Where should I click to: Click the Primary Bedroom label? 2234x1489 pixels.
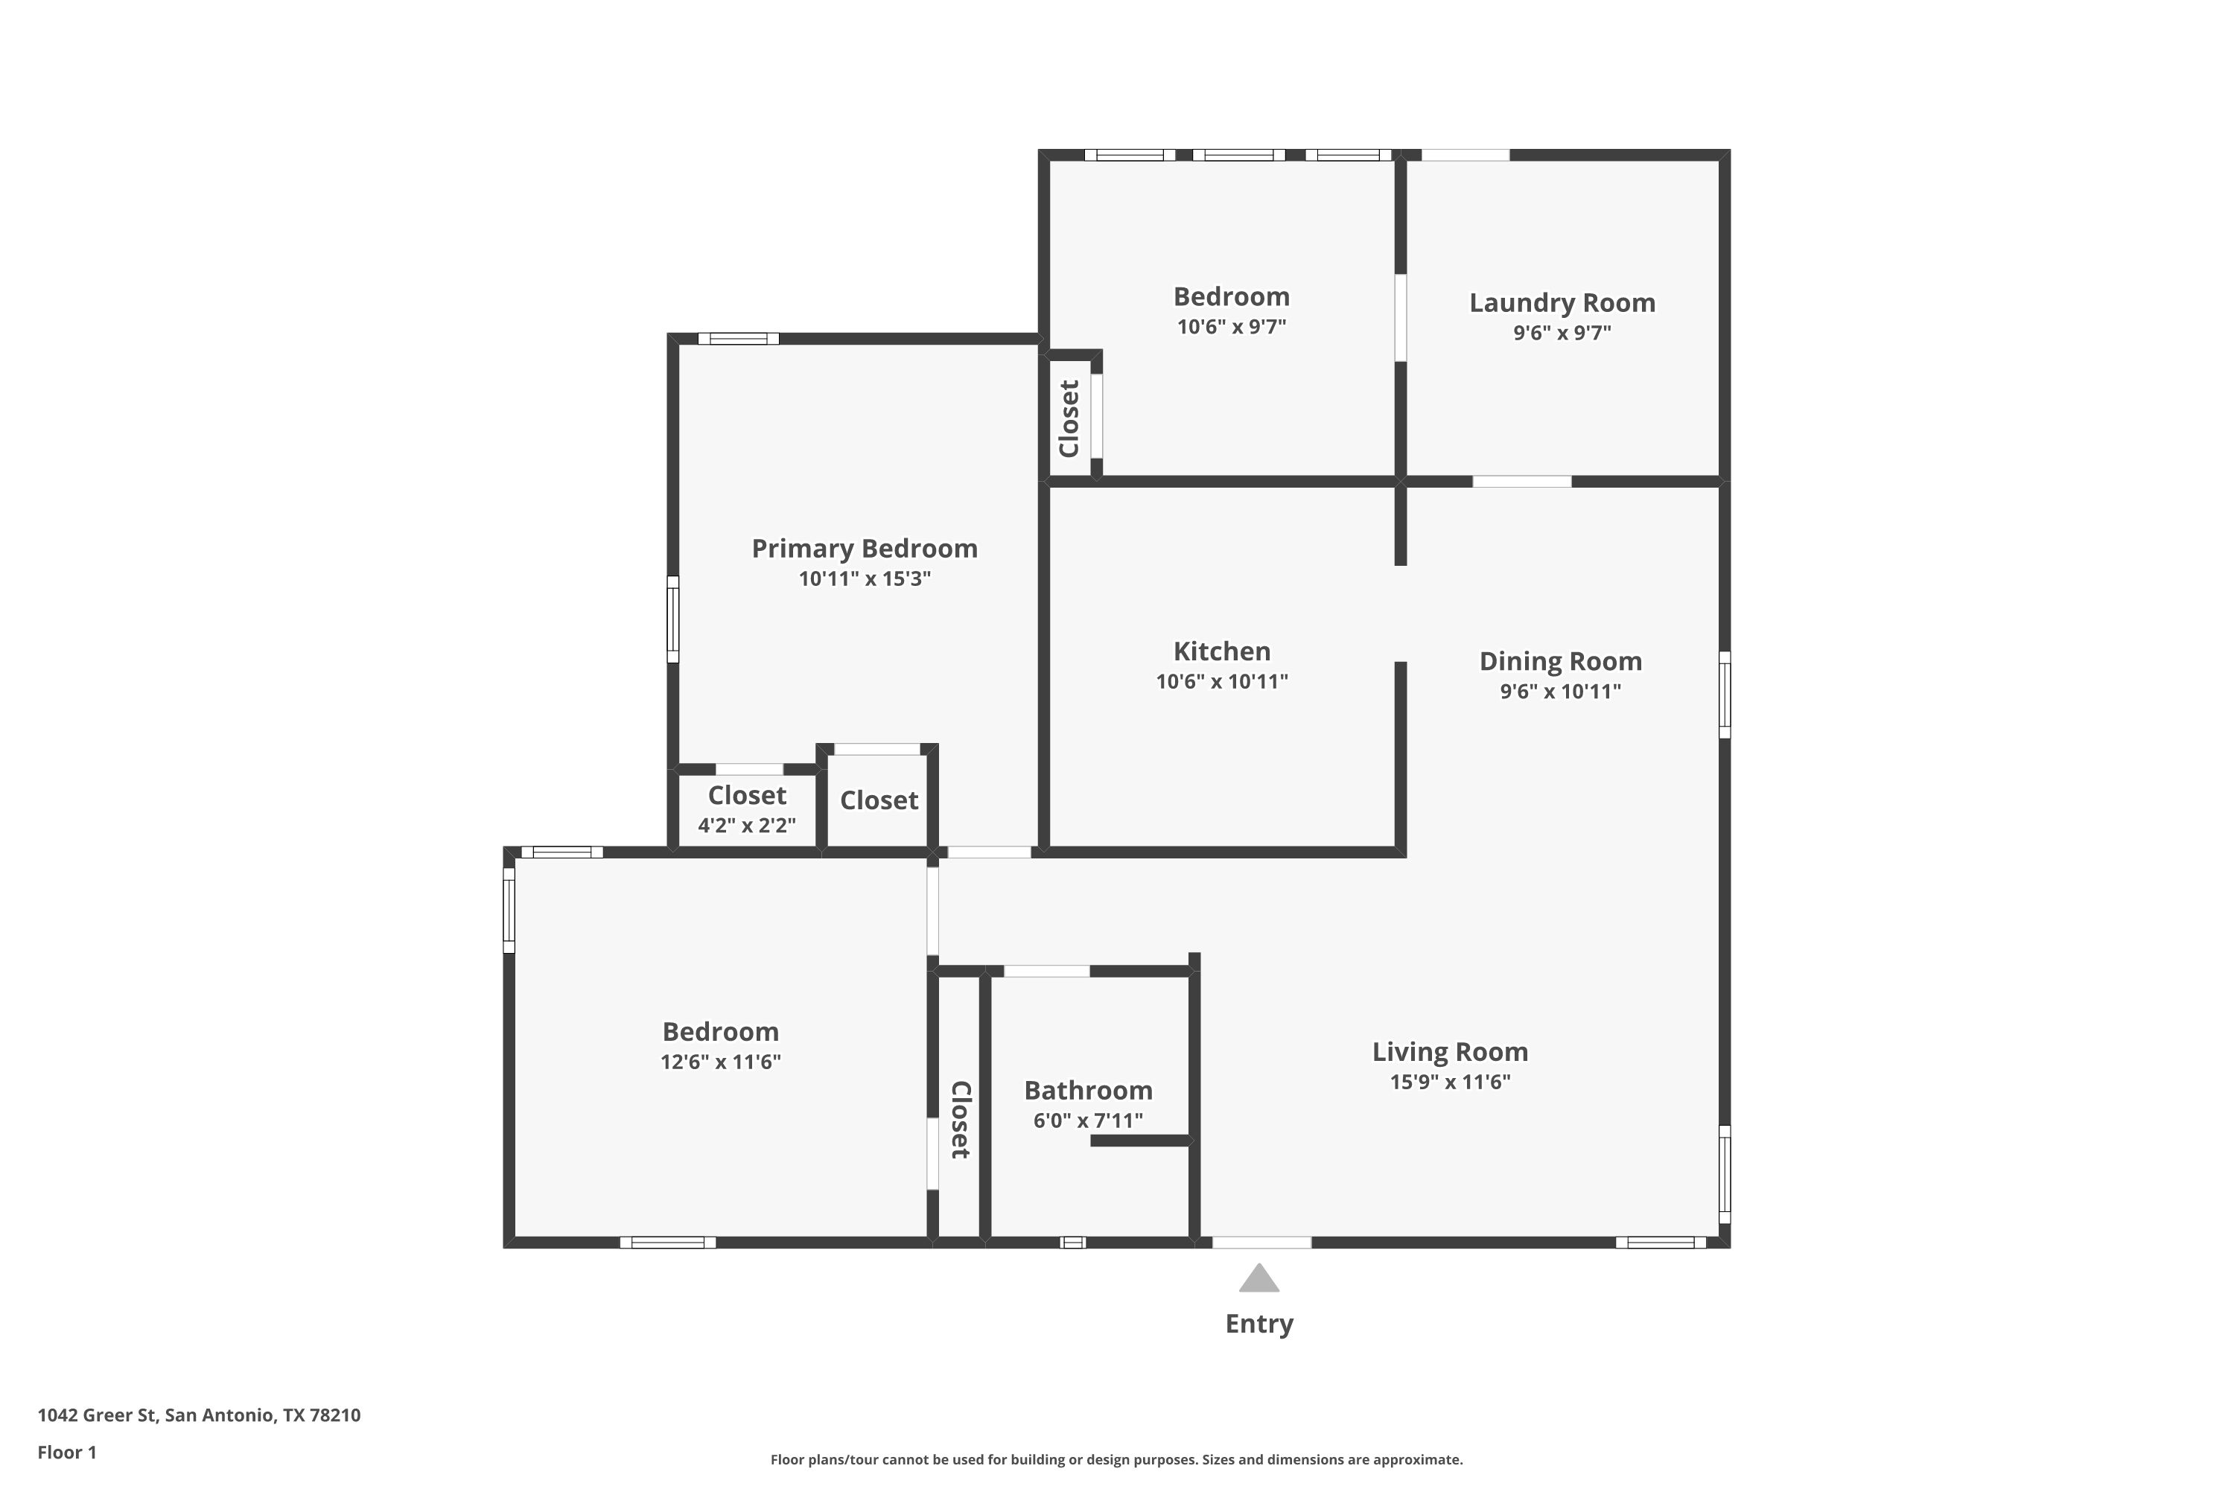click(865, 549)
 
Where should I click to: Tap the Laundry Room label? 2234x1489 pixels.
click(1562, 303)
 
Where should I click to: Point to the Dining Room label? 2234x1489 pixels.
click(1561, 661)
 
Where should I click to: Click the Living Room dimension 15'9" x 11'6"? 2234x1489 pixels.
click(1451, 1082)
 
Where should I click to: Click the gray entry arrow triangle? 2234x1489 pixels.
click(1259, 1278)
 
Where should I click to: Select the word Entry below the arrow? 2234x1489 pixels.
click(1259, 1324)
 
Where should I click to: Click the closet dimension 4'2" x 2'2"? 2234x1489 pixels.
click(747, 825)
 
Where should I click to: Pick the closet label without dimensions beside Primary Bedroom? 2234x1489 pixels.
click(879, 800)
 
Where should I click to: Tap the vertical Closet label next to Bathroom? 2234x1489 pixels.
click(961, 1120)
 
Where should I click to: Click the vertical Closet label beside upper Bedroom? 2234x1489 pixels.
click(1069, 418)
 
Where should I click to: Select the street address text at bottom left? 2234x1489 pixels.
click(199, 1415)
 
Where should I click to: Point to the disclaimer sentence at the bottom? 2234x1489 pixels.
click(1116, 1459)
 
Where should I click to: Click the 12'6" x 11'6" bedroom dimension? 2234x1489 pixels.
click(721, 1062)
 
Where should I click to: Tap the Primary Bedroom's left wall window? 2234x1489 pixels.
click(672, 619)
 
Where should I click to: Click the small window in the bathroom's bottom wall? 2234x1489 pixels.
click(1072, 1242)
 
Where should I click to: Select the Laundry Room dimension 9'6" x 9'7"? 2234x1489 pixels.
click(1562, 332)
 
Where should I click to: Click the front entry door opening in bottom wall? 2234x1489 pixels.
click(1261, 1242)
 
